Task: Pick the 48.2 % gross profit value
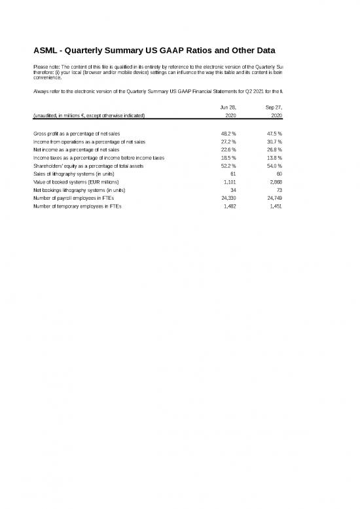[x=228, y=134]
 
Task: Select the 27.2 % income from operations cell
[x=228, y=141]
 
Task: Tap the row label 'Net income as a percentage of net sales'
[x=76, y=149]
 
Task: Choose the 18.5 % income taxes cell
[x=228, y=158]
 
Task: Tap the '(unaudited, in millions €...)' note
[x=89, y=115]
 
